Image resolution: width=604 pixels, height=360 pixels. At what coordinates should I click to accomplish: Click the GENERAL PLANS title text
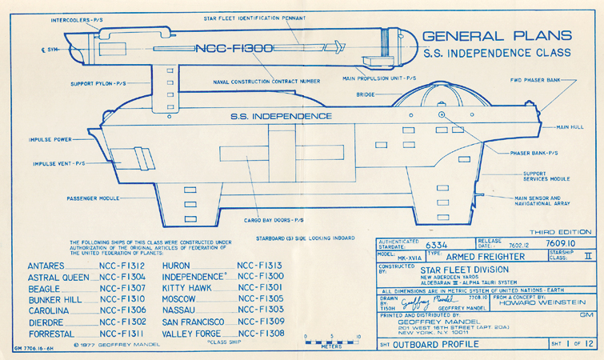(x=496, y=36)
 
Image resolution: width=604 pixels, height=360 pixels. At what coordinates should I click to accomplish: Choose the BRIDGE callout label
(x=366, y=94)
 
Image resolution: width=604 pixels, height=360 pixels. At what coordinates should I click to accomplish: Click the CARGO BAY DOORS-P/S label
(x=273, y=219)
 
